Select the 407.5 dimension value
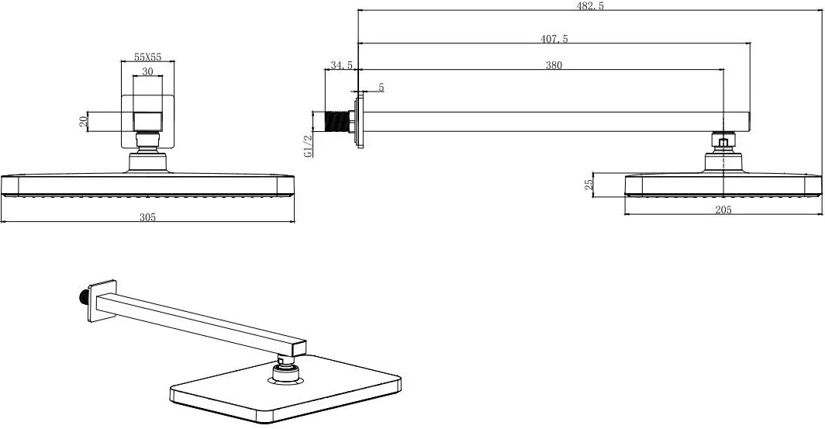pyautogui.click(x=554, y=39)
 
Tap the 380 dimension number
pyautogui.click(x=554, y=65)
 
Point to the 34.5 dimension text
pyautogui.click(x=341, y=65)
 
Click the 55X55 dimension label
pyautogui.click(x=147, y=57)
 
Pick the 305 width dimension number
pyautogui.click(x=147, y=216)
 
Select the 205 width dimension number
pyautogui.click(x=723, y=209)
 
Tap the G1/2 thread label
pyautogui.click(x=309, y=146)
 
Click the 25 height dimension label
pyautogui.click(x=589, y=184)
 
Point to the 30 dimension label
pyautogui.click(x=147, y=71)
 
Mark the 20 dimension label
pyautogui.click(x=83, y=122)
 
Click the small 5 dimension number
pyautogui.click(x=381, y=88)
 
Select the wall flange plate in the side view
pyautogui.click(x=359, y=122)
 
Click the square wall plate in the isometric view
pyautogui.click(x=102, y=300)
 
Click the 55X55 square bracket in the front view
pyautogui.click(x=147, y=122)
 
